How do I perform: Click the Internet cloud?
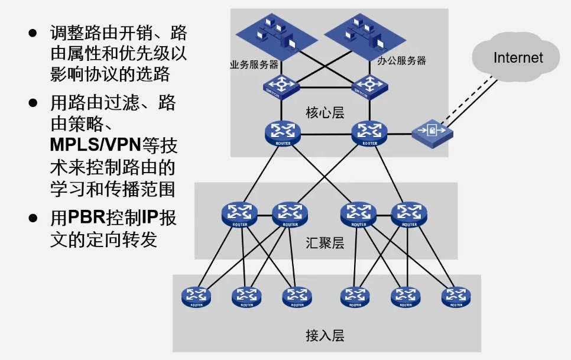pos(517,58)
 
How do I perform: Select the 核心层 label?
pos(325,112)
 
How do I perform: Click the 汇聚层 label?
pos(325,243)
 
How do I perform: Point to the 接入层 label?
pos(325,336)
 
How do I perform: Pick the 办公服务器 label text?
pos(401,60)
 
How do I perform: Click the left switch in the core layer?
pos(281,86)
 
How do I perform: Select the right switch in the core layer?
pos(369,86)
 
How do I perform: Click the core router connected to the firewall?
pos(369,133)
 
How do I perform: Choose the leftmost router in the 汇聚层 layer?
pos(239,214)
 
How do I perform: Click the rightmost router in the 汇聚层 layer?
pos(408,214)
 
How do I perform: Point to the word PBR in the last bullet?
pos(87,218)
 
